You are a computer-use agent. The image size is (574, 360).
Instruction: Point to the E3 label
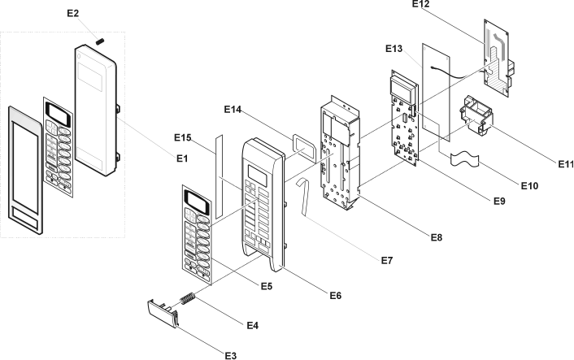(x=231, y=354)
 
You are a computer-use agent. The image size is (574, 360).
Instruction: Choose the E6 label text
(x=334, y=294)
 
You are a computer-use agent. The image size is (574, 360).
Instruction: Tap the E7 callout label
(x=385, y=260)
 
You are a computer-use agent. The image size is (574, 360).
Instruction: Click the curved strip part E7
(x=302, y=195)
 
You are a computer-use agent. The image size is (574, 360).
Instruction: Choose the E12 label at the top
(x=420, y=5)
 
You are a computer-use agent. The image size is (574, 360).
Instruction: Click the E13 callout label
(x=394, y=50)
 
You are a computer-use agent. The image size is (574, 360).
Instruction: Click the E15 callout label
(x=183, y=138)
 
